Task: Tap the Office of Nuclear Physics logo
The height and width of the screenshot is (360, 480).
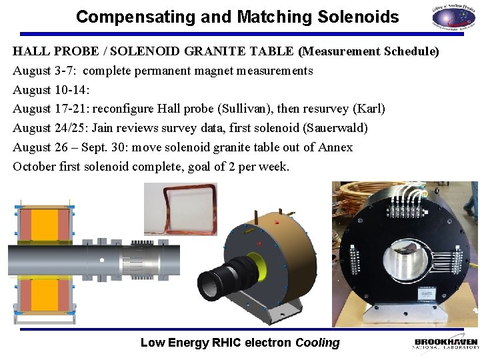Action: point(451,17)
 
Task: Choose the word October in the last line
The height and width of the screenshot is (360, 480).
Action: point(33,167)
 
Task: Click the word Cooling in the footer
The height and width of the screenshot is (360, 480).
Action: point(317,343)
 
